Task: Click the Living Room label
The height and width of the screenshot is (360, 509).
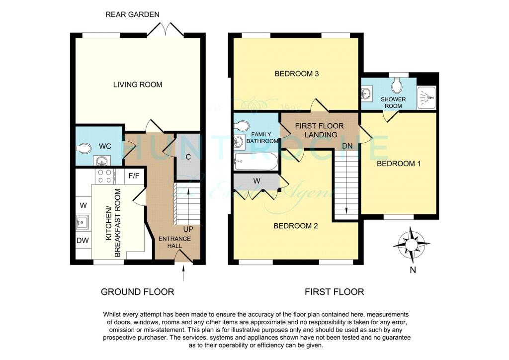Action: (138, 85)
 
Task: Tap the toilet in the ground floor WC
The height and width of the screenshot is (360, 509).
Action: (84, 149)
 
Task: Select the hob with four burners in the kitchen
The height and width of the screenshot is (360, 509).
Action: (104, 176)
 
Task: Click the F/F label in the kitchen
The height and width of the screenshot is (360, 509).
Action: (134, 176)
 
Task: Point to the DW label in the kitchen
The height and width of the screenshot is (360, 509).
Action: (83, 241)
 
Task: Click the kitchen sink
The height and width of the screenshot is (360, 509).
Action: (83, 223)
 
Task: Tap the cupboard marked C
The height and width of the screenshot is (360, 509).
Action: (188, 157)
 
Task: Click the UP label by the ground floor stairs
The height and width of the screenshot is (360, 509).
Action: (188, 229)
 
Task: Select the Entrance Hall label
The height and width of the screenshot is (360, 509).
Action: (174, 242)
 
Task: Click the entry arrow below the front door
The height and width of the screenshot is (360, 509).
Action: (184, 273)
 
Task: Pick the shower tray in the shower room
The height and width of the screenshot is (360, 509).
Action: (426, 97)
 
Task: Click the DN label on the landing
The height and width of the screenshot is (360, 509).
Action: (347, 146)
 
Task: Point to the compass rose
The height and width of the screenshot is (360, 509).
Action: (411, 244)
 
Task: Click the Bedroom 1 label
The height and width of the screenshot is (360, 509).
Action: (399, 164)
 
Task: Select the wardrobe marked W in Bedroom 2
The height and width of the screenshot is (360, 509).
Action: (256, 181)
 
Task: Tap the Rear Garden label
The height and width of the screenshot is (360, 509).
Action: (132, 14)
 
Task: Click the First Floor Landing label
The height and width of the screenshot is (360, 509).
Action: (320, 130)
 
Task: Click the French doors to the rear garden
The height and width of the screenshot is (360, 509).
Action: (166, 29)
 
